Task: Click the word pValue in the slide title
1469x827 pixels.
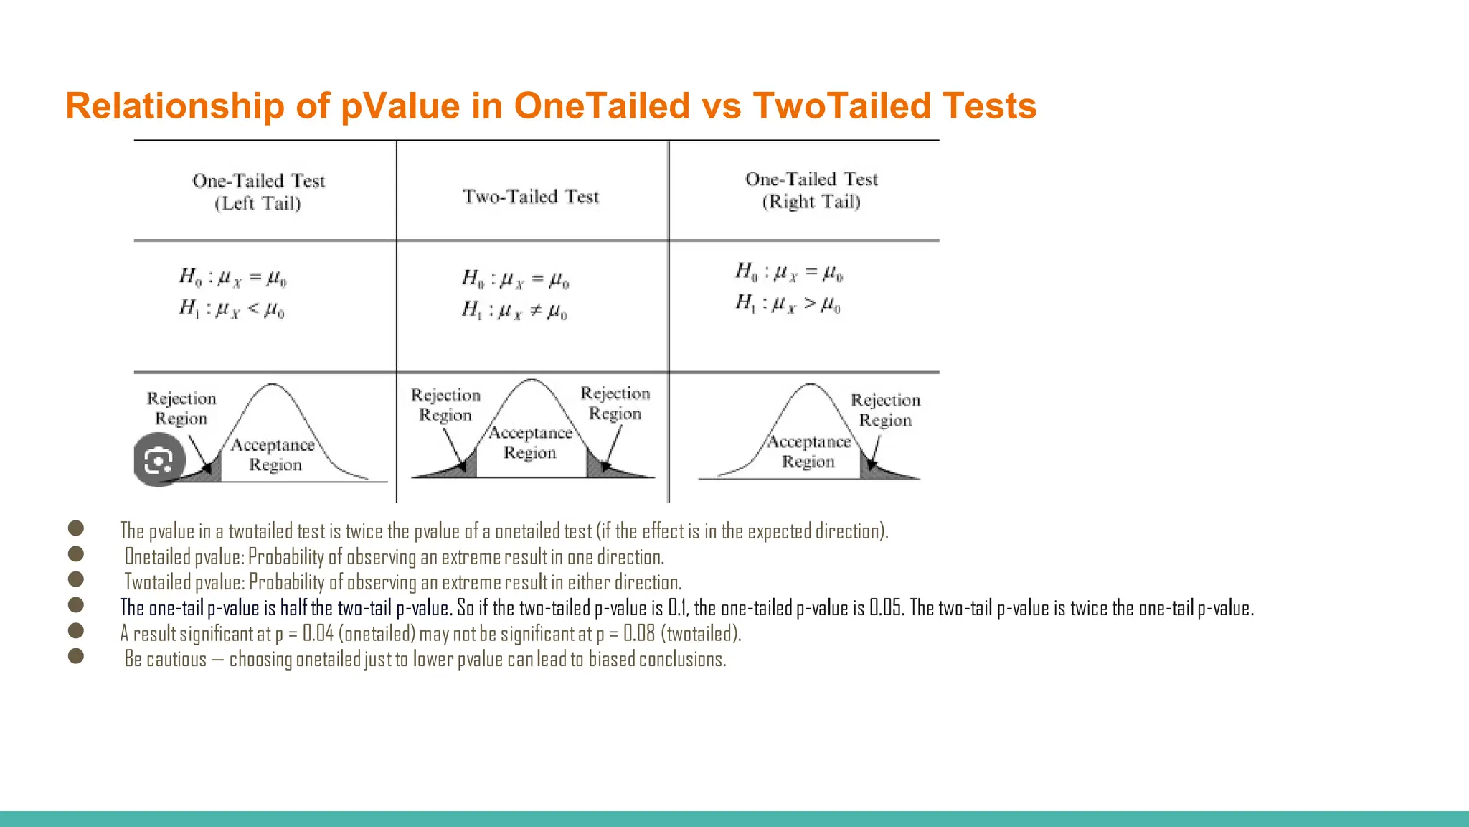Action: click(x=400, y=106)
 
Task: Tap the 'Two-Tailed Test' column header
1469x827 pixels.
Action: click(x=531, y=197)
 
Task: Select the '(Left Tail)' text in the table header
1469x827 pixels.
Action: click(x=258, y=204)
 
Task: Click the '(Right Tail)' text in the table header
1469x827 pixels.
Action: click(x=811, y=202)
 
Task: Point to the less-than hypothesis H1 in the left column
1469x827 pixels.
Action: click(x=232, y=309)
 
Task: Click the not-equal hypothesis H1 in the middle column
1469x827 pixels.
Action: click(x=514, y=311)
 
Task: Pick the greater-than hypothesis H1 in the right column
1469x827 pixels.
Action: click(x=788, y=304)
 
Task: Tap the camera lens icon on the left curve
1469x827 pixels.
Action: click(x=159, y=460)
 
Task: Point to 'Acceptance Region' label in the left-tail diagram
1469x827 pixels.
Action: click(x=273, y=454)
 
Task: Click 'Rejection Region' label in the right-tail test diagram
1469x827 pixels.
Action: click(x=885, y=410)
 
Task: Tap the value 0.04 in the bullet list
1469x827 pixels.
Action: click(x=318, y=634)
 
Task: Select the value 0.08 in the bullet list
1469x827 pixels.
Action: click(x=638, y=634)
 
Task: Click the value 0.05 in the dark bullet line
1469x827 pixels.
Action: click(x=886, y=609)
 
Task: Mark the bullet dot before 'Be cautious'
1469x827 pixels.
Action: click(x=76, y=655)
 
